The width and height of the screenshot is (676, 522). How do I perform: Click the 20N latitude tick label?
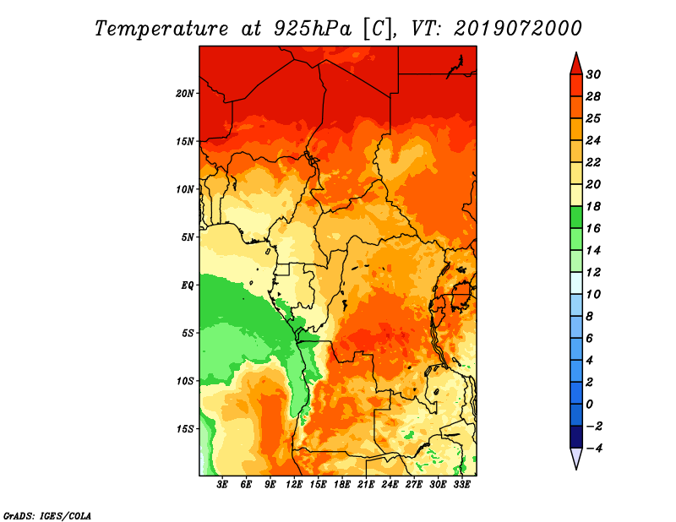[185, 94]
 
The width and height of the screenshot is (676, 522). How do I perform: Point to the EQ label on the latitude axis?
[187, 285]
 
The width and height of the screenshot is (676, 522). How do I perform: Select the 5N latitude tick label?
[188, 237]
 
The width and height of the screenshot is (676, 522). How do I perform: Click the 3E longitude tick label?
[222, 485]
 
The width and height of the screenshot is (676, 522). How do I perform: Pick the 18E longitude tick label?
[342, 485]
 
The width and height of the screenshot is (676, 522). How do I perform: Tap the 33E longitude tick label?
[461, 485]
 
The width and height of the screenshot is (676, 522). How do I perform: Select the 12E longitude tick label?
[294, 485]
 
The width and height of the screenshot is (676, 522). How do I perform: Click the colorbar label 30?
[593, 74]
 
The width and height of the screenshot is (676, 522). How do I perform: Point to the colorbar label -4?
[595, 449]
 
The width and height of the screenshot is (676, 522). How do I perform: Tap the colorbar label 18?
[593, 206]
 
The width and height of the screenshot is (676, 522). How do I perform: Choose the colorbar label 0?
[589, 405]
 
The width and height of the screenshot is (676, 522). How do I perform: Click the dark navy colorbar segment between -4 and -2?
[576, 437]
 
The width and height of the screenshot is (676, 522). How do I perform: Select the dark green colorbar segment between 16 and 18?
[576, 217]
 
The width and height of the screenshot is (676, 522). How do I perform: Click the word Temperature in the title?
[161, 29]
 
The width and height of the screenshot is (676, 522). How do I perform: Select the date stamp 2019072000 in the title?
[518, 29]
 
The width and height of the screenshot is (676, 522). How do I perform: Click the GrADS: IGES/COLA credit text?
[47, 515]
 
